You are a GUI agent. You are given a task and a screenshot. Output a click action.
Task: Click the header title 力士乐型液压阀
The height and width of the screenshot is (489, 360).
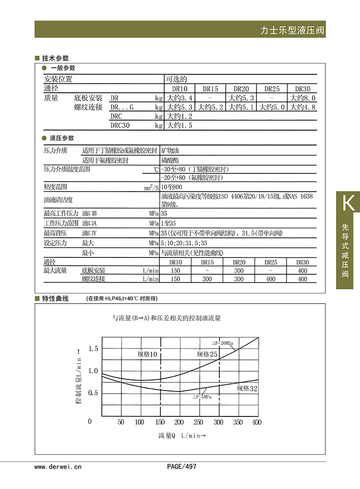point(292,30)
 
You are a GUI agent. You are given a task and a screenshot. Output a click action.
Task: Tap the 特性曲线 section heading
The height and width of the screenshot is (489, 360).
point(55,298)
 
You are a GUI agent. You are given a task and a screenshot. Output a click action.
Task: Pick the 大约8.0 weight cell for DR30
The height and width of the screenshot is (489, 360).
point(302,98)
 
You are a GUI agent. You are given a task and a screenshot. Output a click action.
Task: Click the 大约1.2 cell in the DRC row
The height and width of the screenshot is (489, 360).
point(180,116)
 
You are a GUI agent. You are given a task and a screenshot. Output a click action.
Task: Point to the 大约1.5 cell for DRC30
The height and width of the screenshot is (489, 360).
point(180,125)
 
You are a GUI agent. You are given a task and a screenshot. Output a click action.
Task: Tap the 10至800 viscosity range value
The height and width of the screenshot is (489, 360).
point(172,186)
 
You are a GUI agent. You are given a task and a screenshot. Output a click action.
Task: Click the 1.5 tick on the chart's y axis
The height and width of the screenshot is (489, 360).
point(93,348)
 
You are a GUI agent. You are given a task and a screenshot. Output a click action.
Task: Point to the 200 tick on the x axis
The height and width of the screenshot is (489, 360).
point(179,422)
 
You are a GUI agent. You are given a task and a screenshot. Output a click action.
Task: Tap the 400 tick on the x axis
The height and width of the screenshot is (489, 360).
point(257,422)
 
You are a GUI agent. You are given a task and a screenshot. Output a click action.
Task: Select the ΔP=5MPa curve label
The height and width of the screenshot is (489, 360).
point(203,397)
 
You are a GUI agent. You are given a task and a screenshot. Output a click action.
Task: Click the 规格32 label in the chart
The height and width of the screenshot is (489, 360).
point(247,388)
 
